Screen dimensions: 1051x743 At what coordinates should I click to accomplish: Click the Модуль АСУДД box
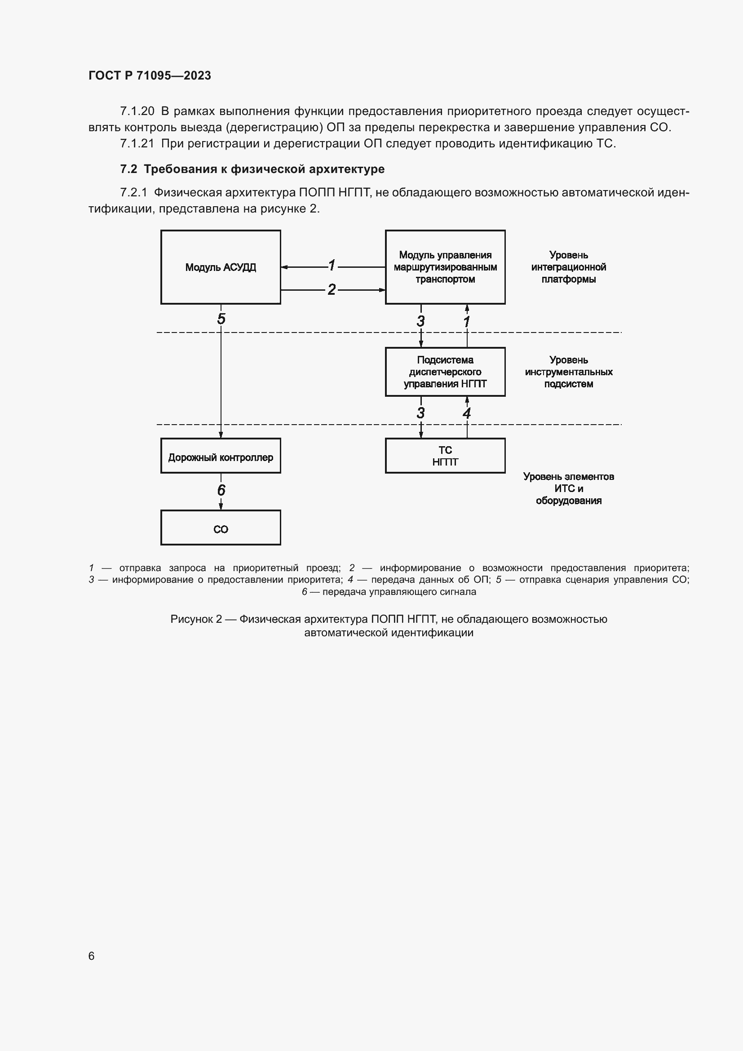click(221, 267)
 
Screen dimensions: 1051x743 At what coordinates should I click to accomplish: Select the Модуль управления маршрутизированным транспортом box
click(445, 267)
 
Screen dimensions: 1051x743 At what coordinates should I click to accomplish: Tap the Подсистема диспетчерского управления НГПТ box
click(445, 372)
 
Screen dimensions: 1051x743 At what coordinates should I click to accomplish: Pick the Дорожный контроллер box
click(221, 456)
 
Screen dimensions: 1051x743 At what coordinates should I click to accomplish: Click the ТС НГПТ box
click(445, 456)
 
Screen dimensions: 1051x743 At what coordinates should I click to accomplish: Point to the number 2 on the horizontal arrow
click(332, 289)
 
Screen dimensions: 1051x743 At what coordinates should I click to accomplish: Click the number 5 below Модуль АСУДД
click(221, 319)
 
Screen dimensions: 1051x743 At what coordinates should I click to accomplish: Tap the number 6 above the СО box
click(221, 490)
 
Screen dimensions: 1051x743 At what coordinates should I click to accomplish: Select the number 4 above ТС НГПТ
click(467, 413)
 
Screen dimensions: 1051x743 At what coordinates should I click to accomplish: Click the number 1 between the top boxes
click(332, 265)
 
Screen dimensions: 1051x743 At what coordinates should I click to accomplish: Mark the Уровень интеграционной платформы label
click(568, 267)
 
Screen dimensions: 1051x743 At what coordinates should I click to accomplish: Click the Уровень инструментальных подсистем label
click(568, 372)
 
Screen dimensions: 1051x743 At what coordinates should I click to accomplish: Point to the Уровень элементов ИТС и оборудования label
click(568, 488)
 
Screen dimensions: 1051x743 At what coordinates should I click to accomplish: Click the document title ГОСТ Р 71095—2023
click(150, 75)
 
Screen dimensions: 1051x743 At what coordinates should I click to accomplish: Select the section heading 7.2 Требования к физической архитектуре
click(252, 169)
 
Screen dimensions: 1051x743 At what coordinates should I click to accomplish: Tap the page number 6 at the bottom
click(92, 956)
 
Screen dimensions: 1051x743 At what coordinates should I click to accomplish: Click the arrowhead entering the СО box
click(221, 507)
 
